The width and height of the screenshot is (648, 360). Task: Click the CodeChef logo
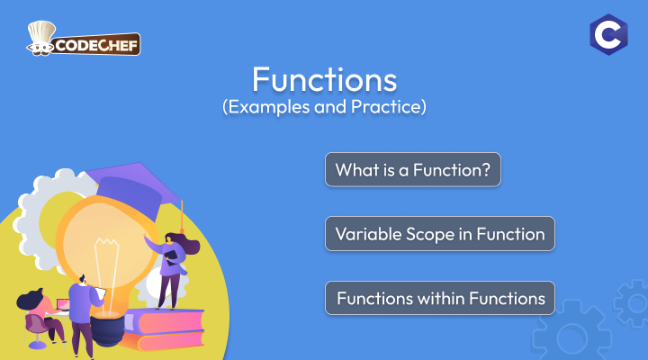(83, 39)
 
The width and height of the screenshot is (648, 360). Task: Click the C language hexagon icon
(608, 35)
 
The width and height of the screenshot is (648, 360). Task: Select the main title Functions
(324, 79)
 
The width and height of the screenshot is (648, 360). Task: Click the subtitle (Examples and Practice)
(324, 106)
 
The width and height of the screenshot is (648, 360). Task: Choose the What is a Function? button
(413, 169)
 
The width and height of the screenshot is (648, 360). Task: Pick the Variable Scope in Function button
(440, 233)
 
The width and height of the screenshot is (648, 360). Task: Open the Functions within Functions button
(440, 298)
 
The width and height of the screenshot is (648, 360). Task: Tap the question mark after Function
(486, 170)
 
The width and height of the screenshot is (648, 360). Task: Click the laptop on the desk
(63, 305)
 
